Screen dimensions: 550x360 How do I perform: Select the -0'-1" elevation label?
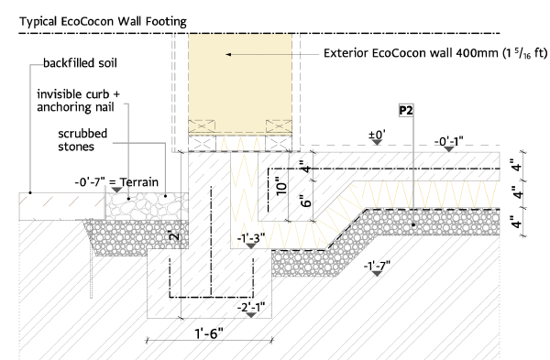[x=449, y=142]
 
